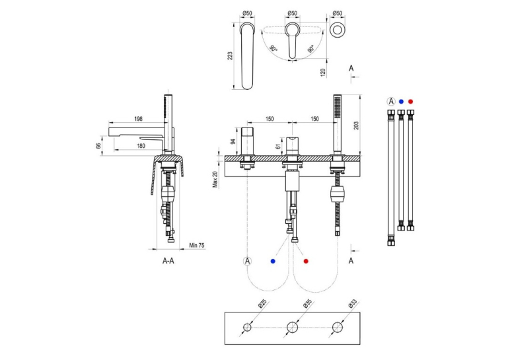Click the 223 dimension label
230,55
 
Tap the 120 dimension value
323,72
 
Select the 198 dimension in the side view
138,119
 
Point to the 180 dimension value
141,146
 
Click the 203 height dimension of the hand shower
356,125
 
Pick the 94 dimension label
233,141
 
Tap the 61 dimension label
279,146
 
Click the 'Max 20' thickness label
215,179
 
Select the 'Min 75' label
197,246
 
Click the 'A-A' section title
168,261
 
